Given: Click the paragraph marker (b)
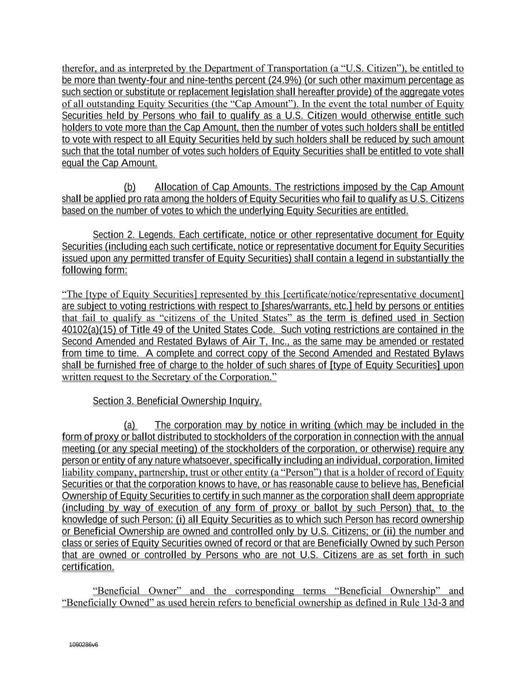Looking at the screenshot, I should pos(130,187).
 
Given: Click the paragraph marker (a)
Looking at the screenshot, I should pos(130,425).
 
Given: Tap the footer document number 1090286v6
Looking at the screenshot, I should pos(84,645).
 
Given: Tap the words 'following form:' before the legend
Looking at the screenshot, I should pos(94,271).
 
